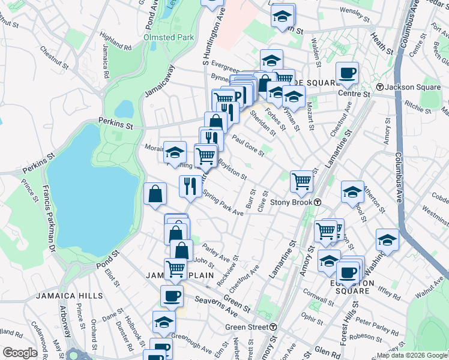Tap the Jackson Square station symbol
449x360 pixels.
point(380,87)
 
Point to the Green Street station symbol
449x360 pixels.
point(273,327)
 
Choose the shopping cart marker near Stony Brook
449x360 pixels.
point(301,181)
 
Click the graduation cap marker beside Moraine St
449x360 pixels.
point(175,152)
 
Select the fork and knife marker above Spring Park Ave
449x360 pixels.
point(190,185)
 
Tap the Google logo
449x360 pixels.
point(20,353)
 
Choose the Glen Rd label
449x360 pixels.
point(326,351)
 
